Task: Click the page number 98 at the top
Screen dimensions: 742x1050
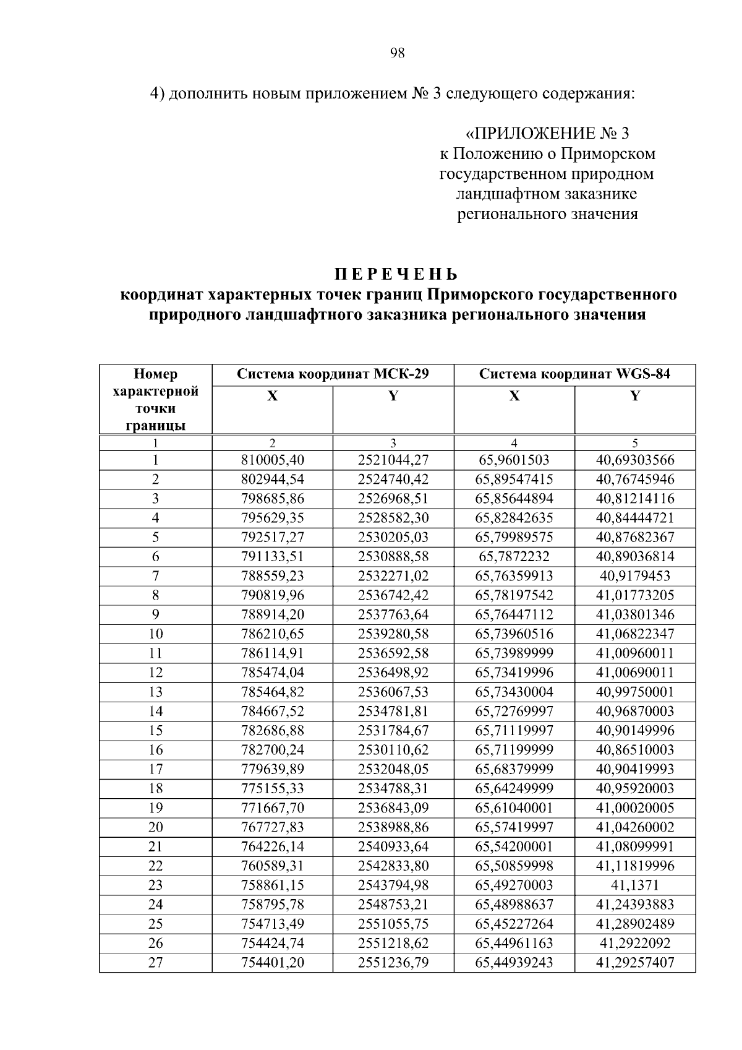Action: coord(398,53)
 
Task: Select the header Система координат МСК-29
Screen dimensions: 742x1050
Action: coord(333,374)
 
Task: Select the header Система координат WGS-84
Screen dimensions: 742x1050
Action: coord(574,374)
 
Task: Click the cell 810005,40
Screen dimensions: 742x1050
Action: coord(272,460)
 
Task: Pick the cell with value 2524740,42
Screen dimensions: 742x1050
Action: coord(393,479)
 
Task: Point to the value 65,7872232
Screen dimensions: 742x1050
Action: coord(514,556)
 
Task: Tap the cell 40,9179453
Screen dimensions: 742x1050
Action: coord(635,575)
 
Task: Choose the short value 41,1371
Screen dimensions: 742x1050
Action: coord(635,885)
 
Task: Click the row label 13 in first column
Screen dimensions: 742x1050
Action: coord(155,692)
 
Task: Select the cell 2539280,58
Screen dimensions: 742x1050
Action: coord(393,634)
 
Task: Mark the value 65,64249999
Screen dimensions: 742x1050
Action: coord(514,788)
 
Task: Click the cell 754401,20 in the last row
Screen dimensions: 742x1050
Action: coord(272,962)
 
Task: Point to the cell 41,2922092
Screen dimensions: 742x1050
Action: coord(635,943)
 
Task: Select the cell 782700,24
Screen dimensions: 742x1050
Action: coord(272,749)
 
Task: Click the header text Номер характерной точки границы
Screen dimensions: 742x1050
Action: coord(155,400)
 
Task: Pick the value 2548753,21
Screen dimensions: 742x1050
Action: coord(393,904)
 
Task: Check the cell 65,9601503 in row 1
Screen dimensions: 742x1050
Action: coord(514,460)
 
